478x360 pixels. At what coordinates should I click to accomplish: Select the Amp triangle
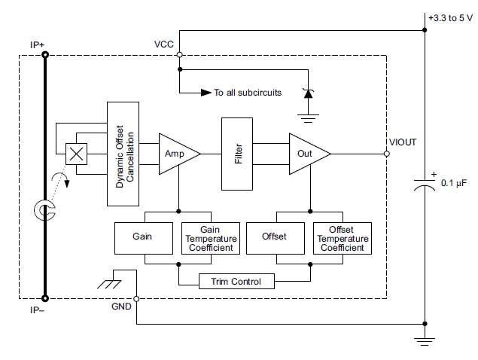(175, 153)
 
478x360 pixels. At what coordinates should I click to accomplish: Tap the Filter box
(238, 154)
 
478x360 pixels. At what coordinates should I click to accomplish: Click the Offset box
(275, 237)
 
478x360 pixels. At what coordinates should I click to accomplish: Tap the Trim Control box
(236, 282)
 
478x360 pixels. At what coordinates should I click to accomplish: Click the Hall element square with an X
(76, 154)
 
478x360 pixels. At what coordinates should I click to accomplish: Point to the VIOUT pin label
(403, 142)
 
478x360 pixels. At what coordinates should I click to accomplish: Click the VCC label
(164, 44)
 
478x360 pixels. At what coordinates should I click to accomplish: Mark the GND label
(121, 307)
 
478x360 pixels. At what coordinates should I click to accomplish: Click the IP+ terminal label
(37, 44)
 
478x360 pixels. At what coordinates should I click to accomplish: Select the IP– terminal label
(37, 309)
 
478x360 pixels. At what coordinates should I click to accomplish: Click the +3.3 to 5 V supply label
(449, 17)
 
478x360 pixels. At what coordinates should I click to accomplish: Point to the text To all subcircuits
(248, 93)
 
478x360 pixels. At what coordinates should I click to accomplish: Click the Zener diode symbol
(307, 93)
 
